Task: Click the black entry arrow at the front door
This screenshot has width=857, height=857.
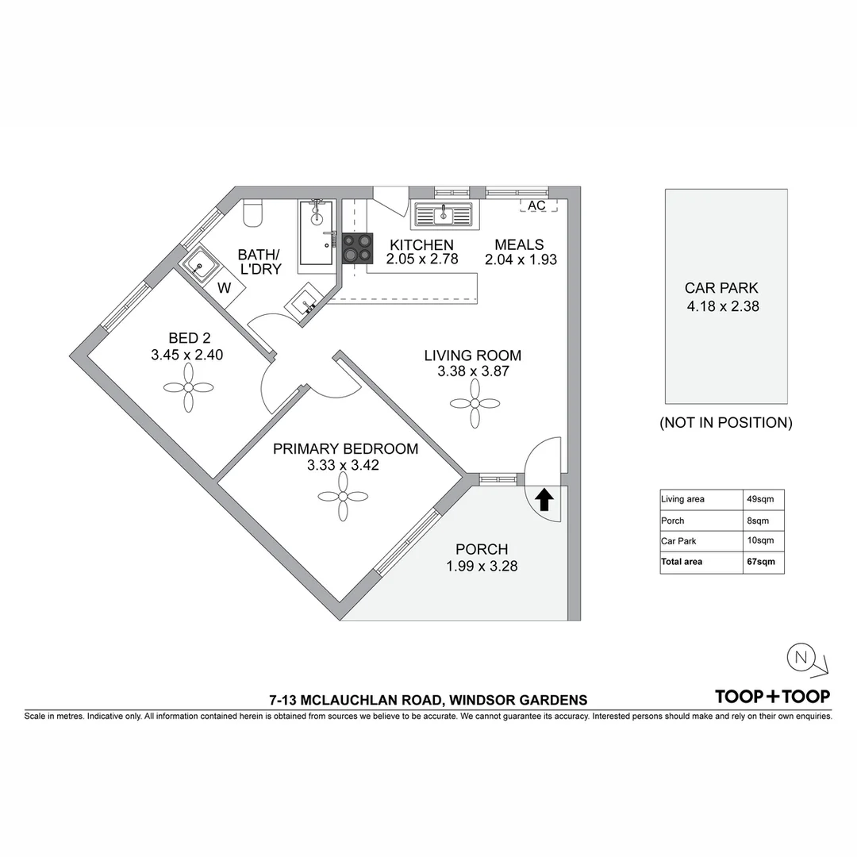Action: [544, 500]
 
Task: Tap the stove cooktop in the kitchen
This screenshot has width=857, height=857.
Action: [358, 248]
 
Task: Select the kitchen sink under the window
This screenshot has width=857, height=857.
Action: [444, 214]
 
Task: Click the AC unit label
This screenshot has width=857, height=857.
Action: [537, 206]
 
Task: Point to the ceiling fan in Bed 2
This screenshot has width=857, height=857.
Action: [188, 388]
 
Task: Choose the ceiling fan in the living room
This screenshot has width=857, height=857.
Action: [475, 403]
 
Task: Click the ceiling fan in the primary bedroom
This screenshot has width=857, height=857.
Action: [342, 497]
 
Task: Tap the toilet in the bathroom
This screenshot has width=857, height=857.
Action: [253, 213]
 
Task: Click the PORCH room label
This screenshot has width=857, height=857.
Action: [481, 549]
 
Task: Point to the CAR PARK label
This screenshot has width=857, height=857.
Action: [721, 289]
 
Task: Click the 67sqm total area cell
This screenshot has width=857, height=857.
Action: [761, 562]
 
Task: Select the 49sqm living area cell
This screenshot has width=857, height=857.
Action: [761, 499]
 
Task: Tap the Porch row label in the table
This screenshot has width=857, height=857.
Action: [673, 521]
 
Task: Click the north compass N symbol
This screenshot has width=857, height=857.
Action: [800, 657]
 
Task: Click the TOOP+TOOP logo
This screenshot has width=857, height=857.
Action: [772, 697]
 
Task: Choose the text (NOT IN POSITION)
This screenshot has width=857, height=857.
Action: [725, 423]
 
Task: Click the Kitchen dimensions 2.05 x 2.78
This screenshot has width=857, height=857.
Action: [422, 259]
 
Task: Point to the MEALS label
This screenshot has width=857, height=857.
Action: [519, 244]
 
